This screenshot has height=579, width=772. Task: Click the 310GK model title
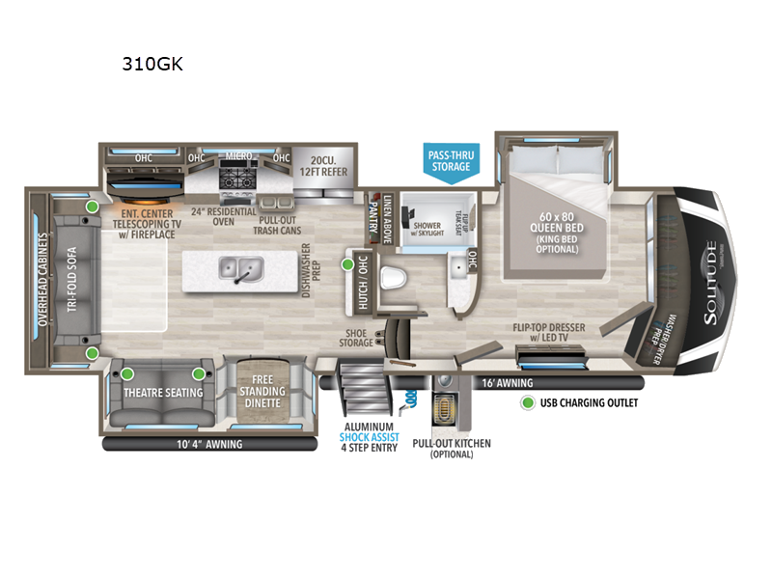click(152, 66)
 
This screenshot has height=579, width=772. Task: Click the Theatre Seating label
click(163, 392)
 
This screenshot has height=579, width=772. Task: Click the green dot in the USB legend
click(528, 402)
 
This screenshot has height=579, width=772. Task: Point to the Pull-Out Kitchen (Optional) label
click(451, 449)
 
